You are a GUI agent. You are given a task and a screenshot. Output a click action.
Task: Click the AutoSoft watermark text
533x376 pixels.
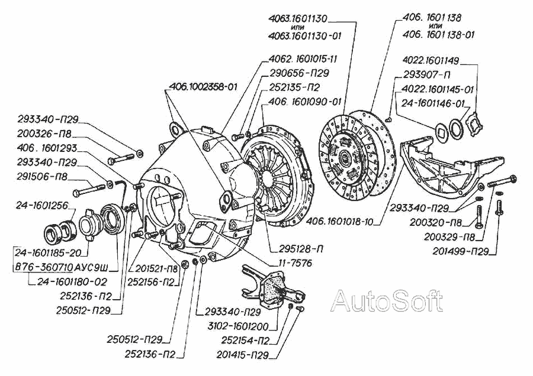point(387,302)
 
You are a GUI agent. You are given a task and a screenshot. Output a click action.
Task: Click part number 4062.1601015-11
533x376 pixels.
point(303,59)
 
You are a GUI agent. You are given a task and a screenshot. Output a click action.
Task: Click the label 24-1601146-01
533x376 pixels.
point(432,103)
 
